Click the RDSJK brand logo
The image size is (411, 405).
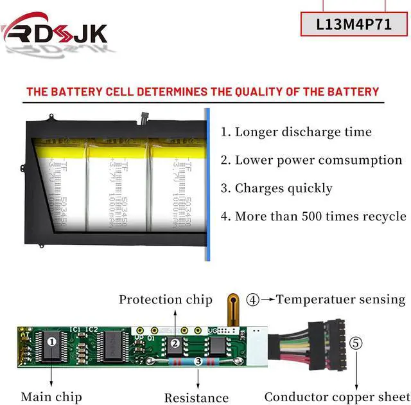point(55,33)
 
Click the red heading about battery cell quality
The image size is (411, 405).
point(202,91)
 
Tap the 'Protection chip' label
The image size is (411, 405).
point(165,299)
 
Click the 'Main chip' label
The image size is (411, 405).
point(51,397)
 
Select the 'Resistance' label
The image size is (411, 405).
point(196,398)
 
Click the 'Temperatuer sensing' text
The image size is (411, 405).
point(341,299)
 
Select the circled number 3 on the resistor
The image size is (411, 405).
point(198,362)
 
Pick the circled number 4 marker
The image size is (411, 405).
point(254,299)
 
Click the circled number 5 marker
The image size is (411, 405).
point(356,343)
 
